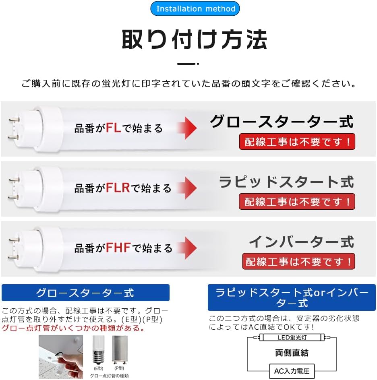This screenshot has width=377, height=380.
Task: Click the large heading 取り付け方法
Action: (195, 40)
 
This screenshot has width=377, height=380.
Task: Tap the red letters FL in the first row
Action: (114, 128)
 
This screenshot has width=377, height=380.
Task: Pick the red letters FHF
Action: (118, 248)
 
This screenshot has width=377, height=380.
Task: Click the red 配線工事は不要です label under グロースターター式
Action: (297, 142)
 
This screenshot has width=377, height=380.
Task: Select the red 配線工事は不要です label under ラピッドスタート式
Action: (297, 201)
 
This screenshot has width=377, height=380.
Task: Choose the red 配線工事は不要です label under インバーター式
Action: (298, 261)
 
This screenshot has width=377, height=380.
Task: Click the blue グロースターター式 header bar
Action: (85, 293)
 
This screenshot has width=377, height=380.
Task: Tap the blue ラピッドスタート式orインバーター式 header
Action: (292, 297)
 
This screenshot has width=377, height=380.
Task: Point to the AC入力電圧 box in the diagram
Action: (292, 371)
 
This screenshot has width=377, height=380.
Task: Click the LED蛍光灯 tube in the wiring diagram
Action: (292, 337)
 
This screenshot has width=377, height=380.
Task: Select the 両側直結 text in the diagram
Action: (292, 353)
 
